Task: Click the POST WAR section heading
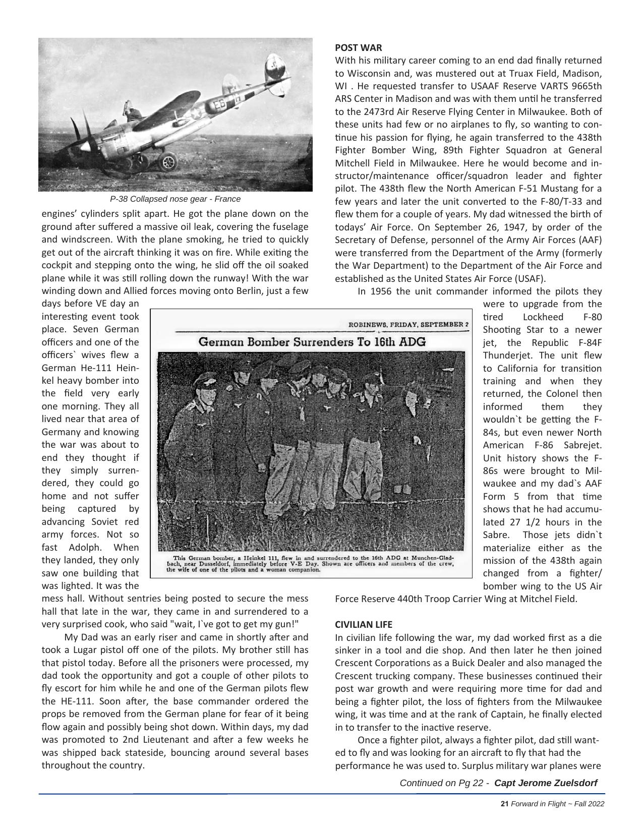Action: [x=359, y=48]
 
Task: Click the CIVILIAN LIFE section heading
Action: [x=364, y=624]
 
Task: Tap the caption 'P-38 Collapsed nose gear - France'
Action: [x=175, y=199]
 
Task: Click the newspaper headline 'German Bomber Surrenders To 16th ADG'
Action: [x=312, y=342]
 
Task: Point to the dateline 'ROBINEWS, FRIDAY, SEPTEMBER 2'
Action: [x=408, y=324]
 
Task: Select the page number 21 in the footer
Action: [x=504, y=804]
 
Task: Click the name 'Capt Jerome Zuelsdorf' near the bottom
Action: [x=546, y=783]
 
